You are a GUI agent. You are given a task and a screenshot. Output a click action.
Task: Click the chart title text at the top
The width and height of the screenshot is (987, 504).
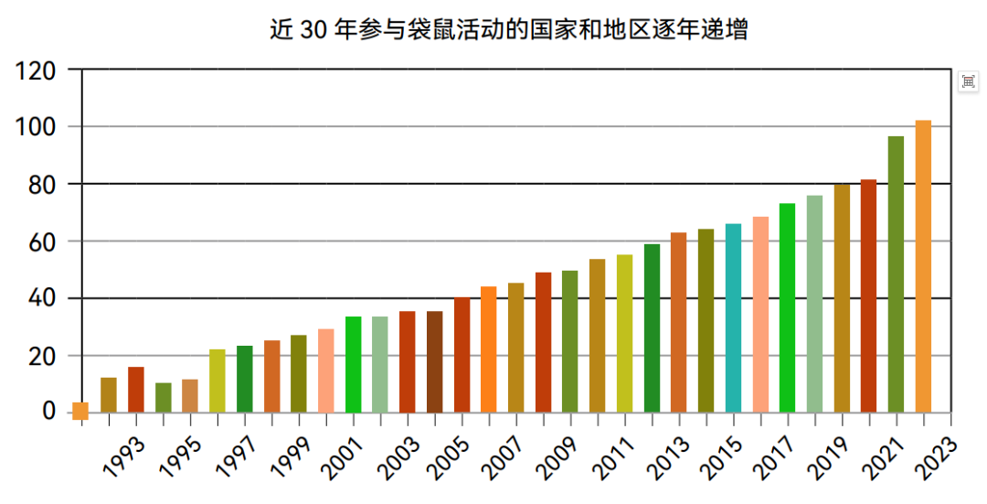click(508, 29)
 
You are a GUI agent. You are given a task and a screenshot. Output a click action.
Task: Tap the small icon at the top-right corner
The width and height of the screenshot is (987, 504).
click(968, 82)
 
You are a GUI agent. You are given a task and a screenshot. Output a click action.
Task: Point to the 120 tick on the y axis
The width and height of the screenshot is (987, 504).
click(37, 70)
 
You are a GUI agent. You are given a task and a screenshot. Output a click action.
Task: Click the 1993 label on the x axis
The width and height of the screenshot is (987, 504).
click(123, 456)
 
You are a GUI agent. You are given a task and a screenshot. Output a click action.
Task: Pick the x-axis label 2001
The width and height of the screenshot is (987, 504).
click(341, 456)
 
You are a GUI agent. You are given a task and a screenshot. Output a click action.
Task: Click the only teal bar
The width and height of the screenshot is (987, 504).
click(733, 317)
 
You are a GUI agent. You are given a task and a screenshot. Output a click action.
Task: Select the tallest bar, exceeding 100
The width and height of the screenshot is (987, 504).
click(923, 266)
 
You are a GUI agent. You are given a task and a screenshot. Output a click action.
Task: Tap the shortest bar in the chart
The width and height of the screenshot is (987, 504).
click(80, 411)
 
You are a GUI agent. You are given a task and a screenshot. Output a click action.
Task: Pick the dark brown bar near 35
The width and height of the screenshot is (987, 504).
click(434, 361)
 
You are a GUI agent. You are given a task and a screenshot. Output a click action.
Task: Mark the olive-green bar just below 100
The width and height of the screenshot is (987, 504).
click(896, 273)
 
